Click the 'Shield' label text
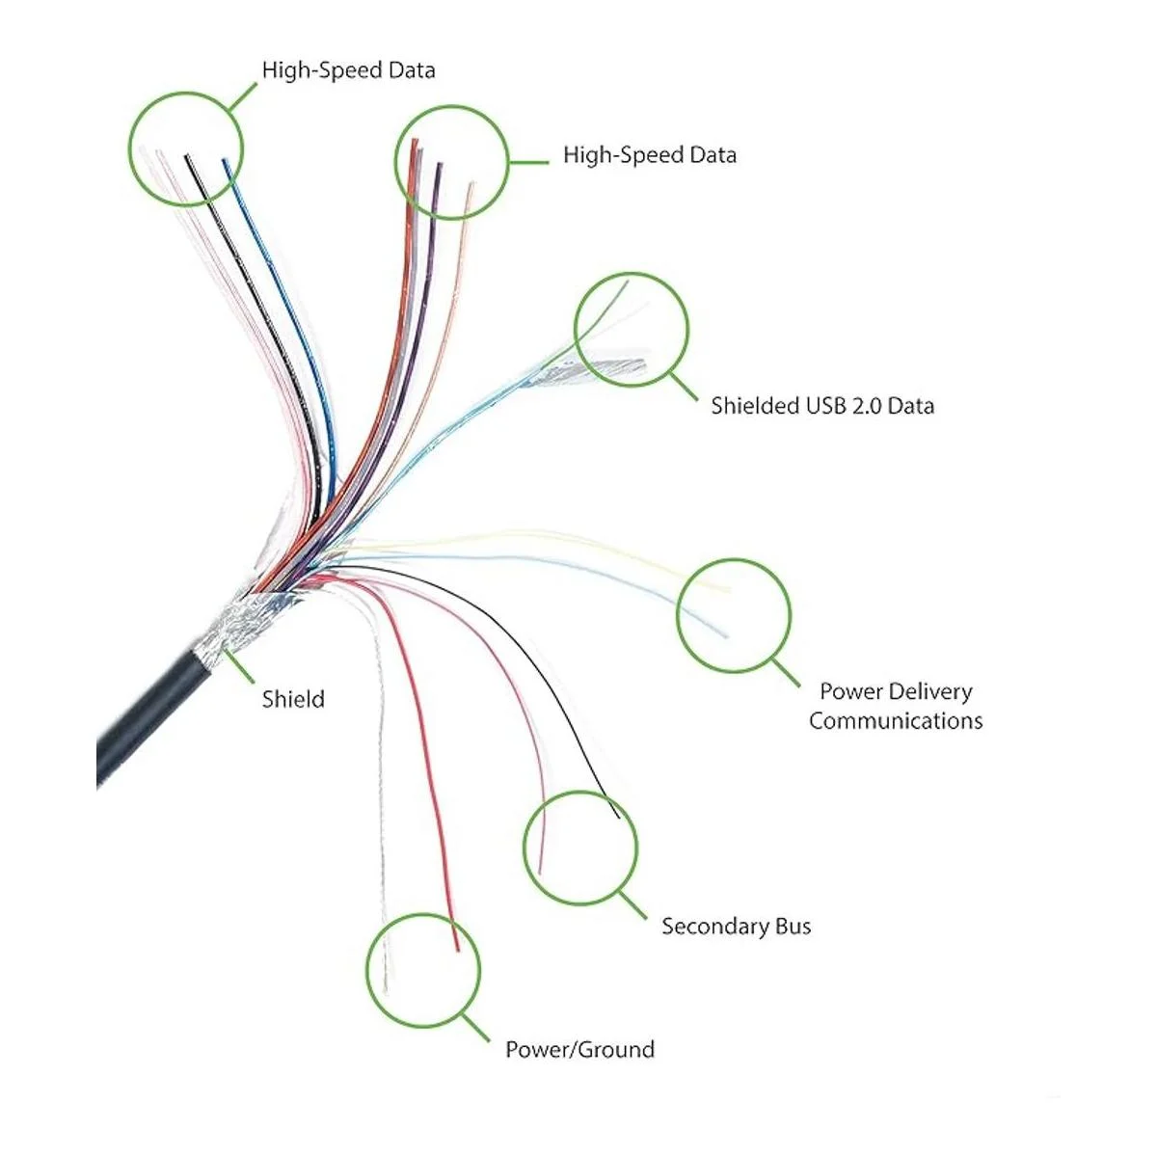[x=293, y=699]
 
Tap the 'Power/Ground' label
[x=579, y=1049]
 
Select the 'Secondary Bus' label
[x=736, y=927]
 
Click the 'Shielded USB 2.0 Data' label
[x=822, y=405]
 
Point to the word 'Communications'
[x=896, y=720]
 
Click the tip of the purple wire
[x=440, y=166]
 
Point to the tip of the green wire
[x=627, y=281]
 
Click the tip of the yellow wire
[x=729, y=589]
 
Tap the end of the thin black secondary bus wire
[x=617, y=819]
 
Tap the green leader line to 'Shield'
[x=241, y=668]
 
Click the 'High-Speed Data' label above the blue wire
[x=348, y=70]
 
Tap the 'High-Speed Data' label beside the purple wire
[x=649, y=155]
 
